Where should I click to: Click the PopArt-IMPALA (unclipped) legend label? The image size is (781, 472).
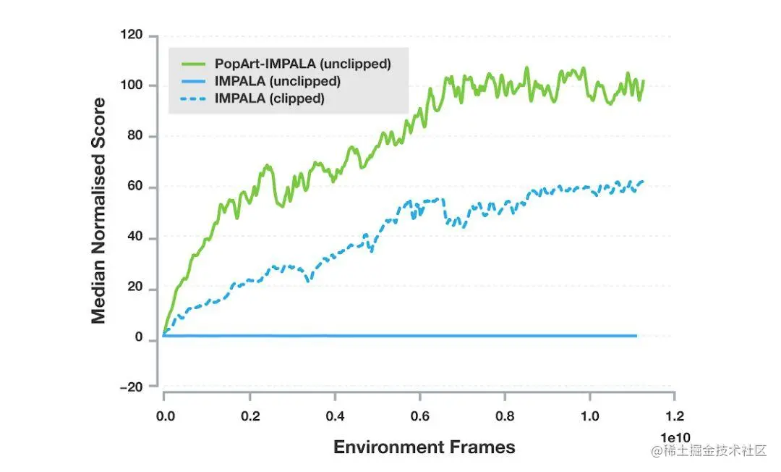(x=302, y=64)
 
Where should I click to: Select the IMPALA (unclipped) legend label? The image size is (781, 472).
(x=277, y=81)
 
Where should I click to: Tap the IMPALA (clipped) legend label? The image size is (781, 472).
(x=269, y=98)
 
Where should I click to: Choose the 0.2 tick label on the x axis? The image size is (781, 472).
(x=249, y=418)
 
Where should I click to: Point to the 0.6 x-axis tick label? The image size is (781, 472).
(x=419, y=418)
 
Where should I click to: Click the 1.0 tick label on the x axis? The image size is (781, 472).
(x=589, y=418)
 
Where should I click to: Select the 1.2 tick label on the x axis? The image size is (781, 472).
(x=674, y=418)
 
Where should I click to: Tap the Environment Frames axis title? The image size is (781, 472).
(x=424, y=447)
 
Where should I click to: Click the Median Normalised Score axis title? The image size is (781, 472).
(x=98, y=211)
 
